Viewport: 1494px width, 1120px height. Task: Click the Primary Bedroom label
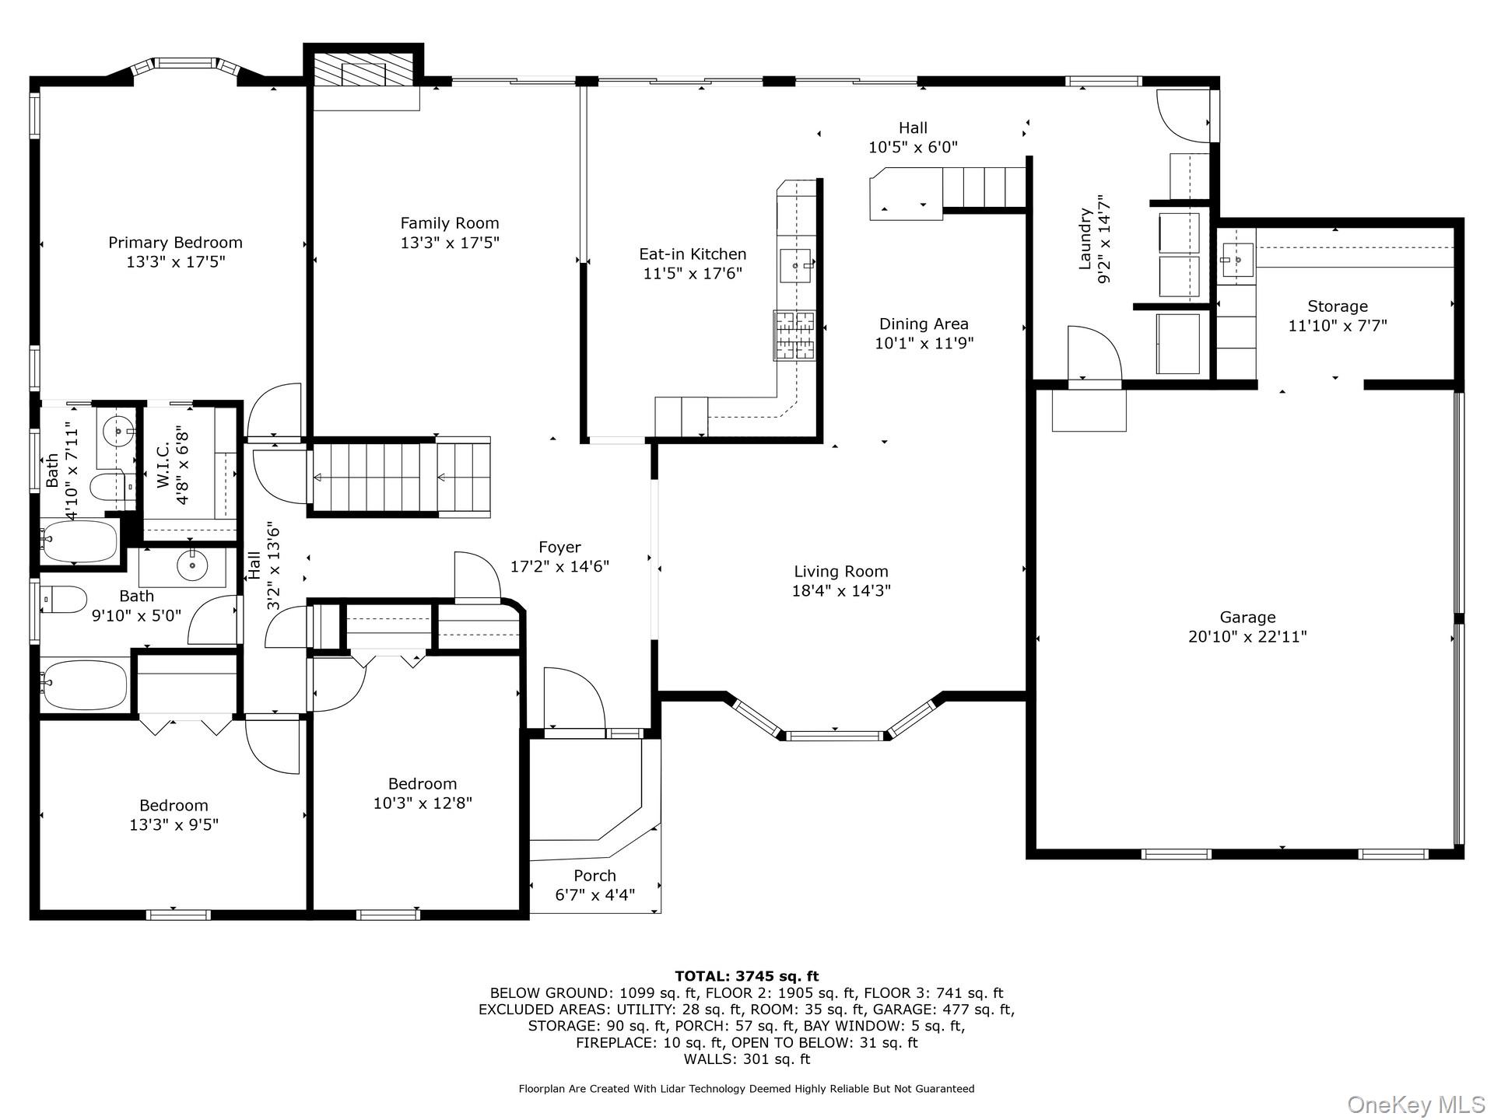175,243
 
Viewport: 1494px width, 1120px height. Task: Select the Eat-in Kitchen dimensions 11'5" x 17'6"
693,273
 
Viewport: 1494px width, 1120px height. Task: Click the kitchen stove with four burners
794,334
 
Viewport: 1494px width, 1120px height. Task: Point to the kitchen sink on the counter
796,266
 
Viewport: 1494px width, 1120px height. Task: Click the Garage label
1247,618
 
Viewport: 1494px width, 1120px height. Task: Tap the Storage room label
1337,306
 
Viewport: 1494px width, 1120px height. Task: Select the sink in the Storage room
1236,258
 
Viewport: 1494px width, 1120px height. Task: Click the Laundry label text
1085,239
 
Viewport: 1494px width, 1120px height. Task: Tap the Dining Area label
924,324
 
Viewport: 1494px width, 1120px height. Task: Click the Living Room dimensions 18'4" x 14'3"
840,590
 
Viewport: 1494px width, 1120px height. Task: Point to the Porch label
594,876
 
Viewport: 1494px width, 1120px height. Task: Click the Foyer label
559,548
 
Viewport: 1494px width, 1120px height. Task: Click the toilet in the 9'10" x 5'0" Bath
64,600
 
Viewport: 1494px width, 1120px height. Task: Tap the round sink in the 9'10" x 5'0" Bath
191,565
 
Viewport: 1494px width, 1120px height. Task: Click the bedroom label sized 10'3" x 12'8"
423,784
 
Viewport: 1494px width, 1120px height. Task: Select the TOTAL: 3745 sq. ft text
746,976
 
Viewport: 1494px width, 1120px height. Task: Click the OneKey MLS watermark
1415,1104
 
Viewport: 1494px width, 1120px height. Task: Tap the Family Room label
450,223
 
